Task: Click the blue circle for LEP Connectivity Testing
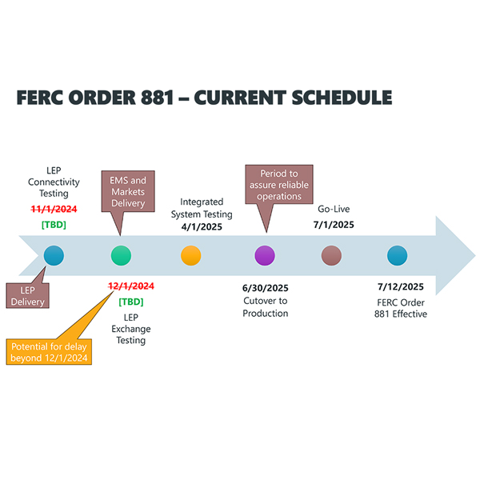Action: (54, 256)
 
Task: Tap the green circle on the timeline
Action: (121, 256)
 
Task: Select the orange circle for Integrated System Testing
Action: (191, 256)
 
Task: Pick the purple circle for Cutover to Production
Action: (265, 256)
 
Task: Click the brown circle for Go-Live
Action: (330, 256)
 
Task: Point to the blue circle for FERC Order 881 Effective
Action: (398, 256)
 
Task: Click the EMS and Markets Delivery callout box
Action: (127, 192)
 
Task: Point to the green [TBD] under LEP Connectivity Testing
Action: (54, 225)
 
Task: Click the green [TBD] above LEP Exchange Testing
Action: (131, 302)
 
